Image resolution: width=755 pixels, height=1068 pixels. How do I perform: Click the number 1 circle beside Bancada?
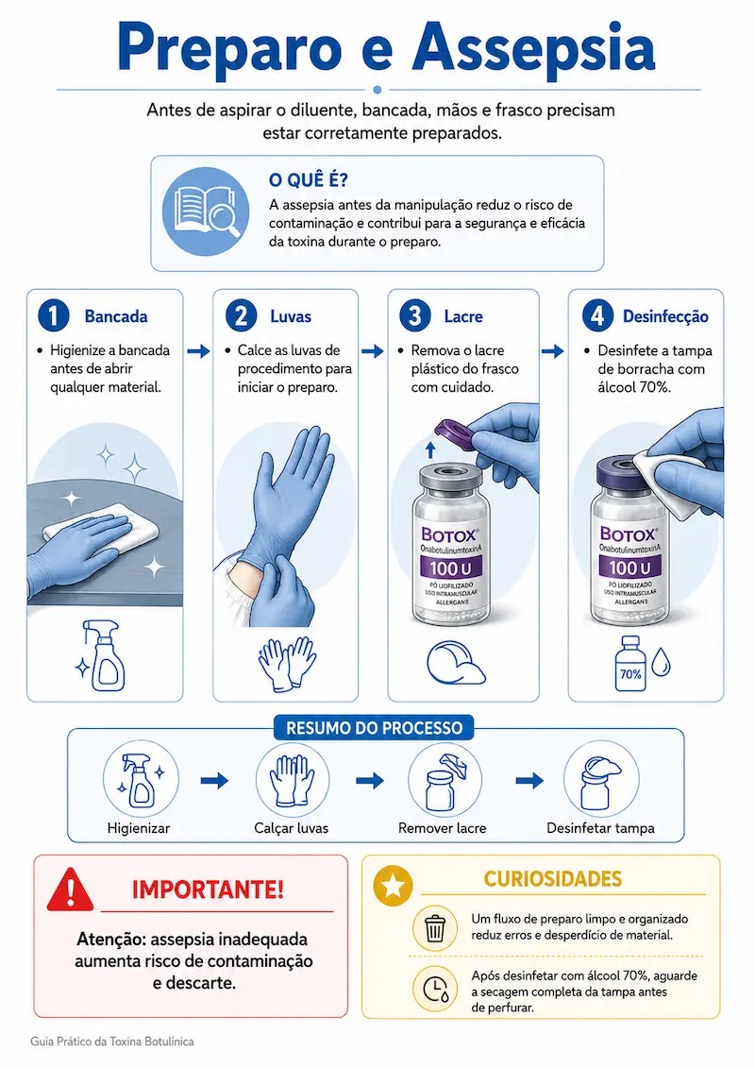[x=54, y=316]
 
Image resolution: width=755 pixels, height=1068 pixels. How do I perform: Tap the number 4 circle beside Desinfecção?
[x=597, y=316]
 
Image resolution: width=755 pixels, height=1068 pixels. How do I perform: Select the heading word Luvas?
[x=291, y=316]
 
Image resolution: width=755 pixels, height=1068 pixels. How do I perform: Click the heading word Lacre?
[x=463, y=316]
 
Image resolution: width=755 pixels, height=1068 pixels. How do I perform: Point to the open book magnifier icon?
[x=205, y=212]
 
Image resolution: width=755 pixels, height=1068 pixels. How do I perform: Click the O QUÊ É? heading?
[x=308, y=180]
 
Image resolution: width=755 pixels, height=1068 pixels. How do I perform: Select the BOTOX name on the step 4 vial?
[x=628, y=534]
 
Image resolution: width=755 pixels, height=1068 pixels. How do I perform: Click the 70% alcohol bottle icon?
[x=630, y=664]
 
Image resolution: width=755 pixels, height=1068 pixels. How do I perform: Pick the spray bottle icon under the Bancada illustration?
[x=104, y=656]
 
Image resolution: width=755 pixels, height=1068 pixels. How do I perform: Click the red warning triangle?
[x=70, y=889]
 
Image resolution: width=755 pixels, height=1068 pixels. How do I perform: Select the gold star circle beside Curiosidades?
[x=394, y=886]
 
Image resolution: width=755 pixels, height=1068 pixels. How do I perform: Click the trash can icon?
[x=435, y=927]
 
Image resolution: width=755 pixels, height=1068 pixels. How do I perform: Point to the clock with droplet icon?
[x=436, y=990]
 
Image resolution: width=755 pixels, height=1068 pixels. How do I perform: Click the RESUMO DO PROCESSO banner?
[x=374, y=727]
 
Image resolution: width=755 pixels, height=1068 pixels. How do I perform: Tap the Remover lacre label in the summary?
[x=443, y=828]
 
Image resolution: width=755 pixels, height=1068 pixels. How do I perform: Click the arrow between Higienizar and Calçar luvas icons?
[x=214, y=781]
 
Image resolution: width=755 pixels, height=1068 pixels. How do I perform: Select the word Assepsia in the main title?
[x=534, y=47]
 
